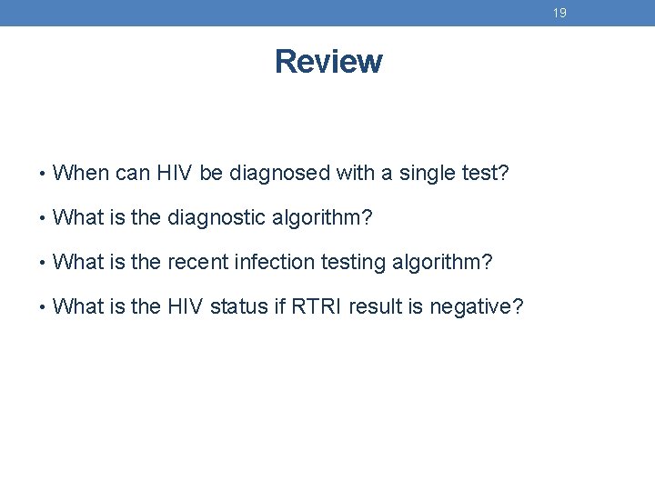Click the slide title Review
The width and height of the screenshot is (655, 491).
(x=327, y=62)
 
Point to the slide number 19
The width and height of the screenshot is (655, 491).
(x=559, y=13)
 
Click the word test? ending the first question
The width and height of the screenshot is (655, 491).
(x=482, y=173)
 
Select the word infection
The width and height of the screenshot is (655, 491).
(x=271, y=263)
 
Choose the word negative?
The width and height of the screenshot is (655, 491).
(x=476, y=307)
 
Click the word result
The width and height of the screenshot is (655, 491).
(x=383, y=307)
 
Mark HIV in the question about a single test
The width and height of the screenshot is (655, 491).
(x=173, y=173)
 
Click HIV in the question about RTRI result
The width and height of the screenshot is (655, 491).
(x=186, y=307)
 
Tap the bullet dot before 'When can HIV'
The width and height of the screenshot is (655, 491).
(x=44, y=174)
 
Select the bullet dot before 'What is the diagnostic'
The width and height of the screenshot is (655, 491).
(x=44, y=218)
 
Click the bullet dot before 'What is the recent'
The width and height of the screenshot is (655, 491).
(x=44, y=264)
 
